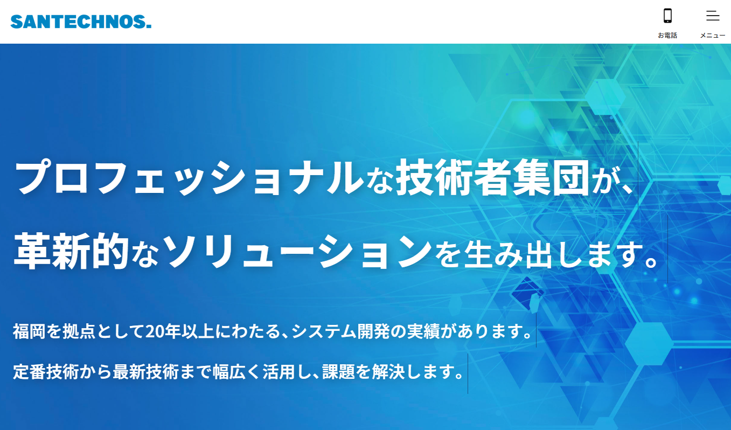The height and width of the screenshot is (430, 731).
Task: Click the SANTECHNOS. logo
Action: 81,22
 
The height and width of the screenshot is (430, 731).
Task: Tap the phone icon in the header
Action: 667,16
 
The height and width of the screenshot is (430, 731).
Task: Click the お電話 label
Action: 667,36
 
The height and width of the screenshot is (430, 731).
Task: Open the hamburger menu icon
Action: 713,16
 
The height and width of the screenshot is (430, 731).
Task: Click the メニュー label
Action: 713,36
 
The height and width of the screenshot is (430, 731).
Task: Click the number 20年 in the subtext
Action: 162,330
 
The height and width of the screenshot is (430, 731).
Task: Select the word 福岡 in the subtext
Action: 29,330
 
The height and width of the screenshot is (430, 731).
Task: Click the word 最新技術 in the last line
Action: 145,371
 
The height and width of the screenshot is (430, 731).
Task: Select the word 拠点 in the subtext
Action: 79,330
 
